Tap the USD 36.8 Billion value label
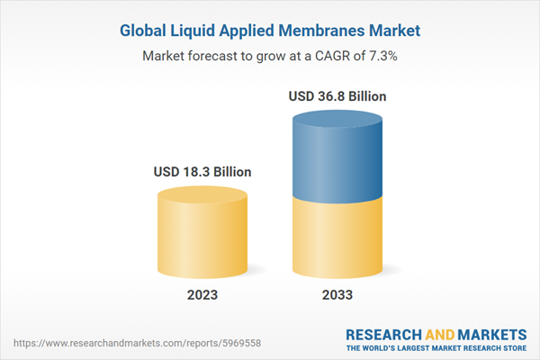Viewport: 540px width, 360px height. click(338, 95)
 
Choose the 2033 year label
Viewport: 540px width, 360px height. click(338, 294)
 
